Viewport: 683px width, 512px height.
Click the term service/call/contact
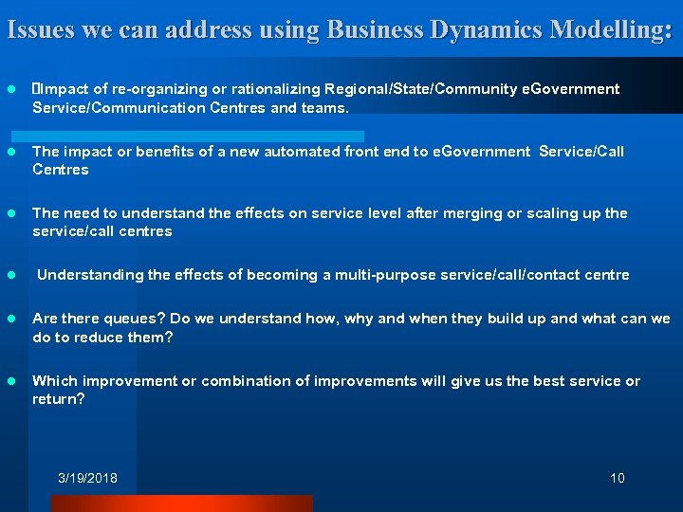point(547,275)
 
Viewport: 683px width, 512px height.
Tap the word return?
point(59,399)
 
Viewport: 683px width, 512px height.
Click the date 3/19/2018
point(87,478)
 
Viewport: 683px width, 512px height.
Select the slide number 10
point(618,478)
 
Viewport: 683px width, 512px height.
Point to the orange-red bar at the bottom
point(218,503)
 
